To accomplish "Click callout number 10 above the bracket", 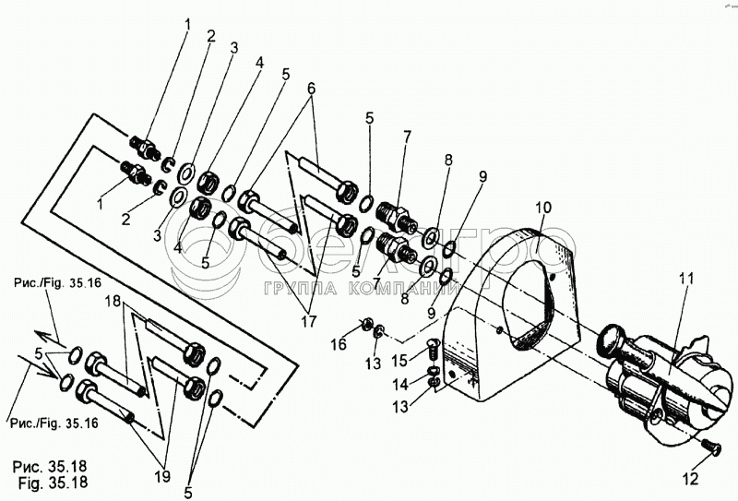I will tap(544, 207).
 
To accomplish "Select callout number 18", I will tap(113, 301).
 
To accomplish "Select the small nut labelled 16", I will tap(366, 323).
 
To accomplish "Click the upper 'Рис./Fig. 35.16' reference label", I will tap(54, 284).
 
